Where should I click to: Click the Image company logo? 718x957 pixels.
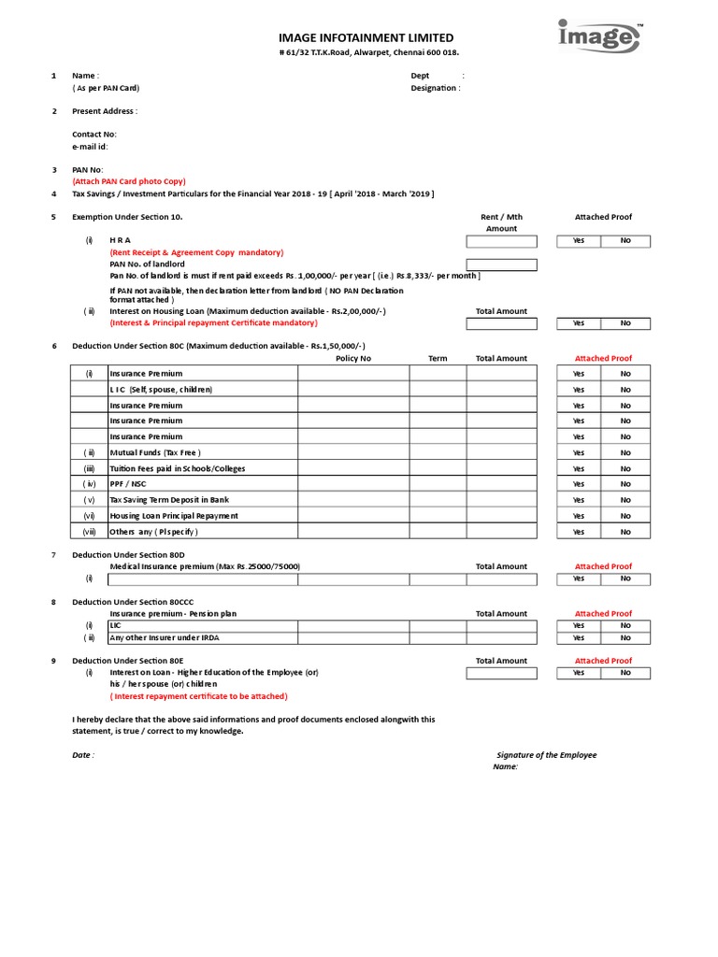click(599, 36)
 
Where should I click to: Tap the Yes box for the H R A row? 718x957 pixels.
click(579, 241)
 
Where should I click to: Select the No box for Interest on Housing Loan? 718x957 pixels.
click(625, 323)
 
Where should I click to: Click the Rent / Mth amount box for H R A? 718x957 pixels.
click(502, 241)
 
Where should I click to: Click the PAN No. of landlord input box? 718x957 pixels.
click(502, 264)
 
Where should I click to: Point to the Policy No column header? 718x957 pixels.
click(353, 359)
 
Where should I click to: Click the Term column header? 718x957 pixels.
click(438, 359)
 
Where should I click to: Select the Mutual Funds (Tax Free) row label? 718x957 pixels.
click(155, 452)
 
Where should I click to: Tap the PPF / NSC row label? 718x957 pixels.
click(128, 484)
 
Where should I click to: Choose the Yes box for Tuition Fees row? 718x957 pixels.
click(579, 468)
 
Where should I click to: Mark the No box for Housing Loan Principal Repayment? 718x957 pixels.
click(625, 516)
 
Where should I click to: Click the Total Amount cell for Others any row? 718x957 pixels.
click(502, 532)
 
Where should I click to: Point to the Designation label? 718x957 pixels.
click(435, 88)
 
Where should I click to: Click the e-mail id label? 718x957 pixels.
click(90, 147)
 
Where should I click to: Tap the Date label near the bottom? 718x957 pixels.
click(82, 755)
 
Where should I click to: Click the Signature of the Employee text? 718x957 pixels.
click(546, 755)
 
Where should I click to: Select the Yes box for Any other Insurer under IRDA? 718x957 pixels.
click(579, 638)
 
